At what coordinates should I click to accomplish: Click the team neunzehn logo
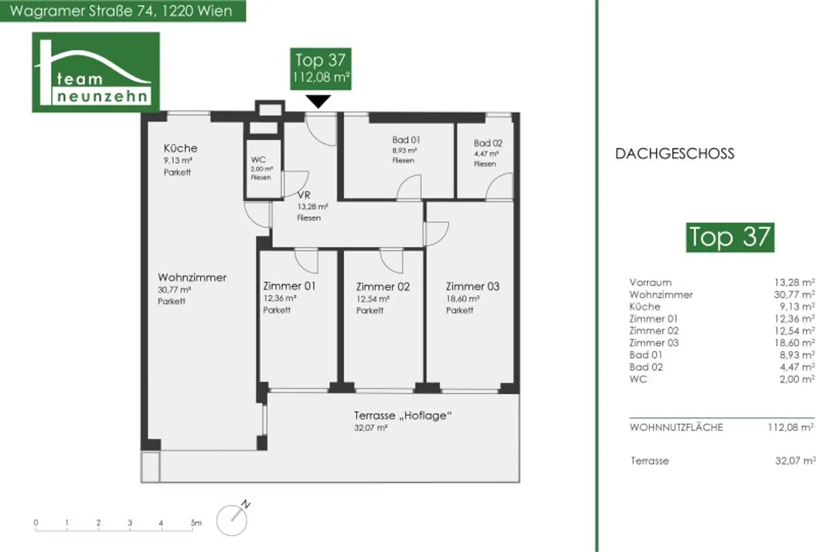point(96,72)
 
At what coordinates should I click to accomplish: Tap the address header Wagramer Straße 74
point(122,11)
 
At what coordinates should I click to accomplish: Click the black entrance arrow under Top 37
point(318,102)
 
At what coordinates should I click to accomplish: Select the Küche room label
point(181,148)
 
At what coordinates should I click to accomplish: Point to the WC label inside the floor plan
point(258,159)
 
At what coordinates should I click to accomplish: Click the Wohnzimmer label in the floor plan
point(192,277)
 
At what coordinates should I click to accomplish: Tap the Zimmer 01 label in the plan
point(289,286)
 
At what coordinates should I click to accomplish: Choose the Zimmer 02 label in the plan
point(383,287)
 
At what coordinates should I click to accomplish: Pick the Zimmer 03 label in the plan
point(473,286)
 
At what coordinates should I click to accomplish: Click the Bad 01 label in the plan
point(406,139)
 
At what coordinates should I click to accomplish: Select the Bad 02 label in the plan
point(488,143)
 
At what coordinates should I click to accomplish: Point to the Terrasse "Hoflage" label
point(403,415)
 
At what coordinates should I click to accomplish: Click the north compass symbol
point(233,518)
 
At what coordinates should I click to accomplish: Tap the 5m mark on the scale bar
point(196,523)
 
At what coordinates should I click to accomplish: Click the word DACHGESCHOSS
point(675,154)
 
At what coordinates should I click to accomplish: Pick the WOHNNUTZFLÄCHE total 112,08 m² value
point(791,427)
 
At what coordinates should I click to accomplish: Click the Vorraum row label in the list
point(650,282)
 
